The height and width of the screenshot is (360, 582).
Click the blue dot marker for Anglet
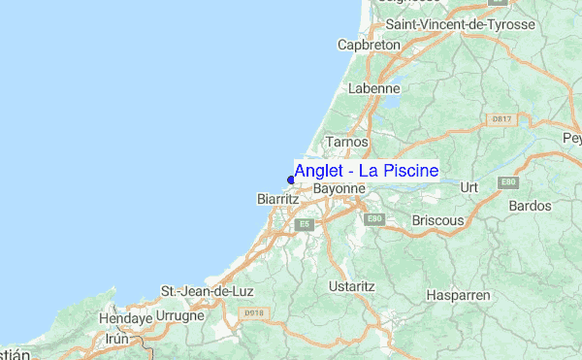291,179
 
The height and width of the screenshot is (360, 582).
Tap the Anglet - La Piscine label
366,171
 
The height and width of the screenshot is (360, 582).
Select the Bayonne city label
339,188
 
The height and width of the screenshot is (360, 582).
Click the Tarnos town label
346,142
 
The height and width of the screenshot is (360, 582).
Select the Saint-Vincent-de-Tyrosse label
460,24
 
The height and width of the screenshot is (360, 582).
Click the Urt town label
470,186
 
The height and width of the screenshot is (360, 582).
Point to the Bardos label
530,206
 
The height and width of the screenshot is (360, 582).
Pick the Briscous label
437,220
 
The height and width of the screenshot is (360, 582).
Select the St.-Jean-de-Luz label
201,291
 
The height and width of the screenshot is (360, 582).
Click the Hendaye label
125,317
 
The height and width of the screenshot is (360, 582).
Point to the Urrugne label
180,316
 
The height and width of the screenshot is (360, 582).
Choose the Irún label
116,339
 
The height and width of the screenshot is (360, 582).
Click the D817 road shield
501,118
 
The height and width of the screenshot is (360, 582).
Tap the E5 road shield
305,224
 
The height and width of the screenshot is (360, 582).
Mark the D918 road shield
253,312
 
